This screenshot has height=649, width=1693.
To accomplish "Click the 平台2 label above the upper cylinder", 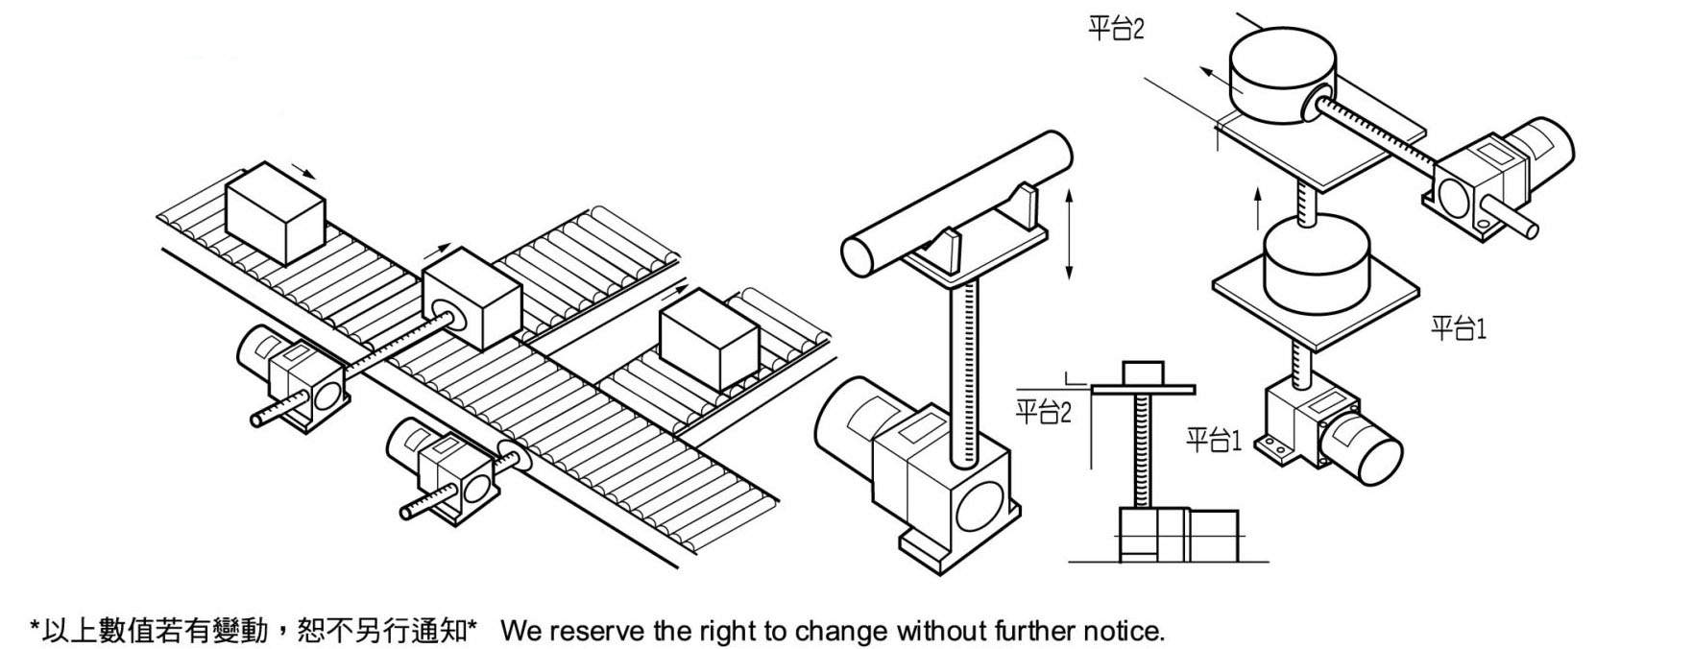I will [x=1115, y=29].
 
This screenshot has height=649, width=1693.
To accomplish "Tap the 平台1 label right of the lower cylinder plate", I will [x=1458, y=328].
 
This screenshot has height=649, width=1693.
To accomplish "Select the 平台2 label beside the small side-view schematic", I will [x=1042, y=413].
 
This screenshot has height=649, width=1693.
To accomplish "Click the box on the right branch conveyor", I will [x=709, y=341].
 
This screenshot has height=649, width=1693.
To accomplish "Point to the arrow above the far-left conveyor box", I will [x=302, y=172].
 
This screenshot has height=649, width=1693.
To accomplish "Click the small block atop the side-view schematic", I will [x=1142, y=373].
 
